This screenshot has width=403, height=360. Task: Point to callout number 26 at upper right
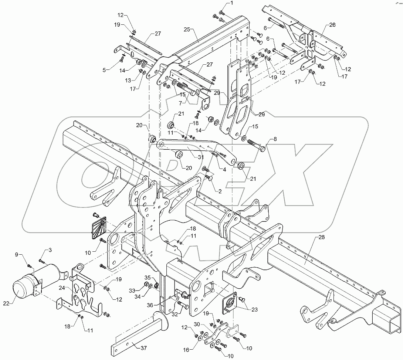coord(332,25)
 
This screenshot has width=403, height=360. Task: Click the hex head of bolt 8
coord(263,149)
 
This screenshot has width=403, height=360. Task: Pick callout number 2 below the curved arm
coord(220,191)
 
